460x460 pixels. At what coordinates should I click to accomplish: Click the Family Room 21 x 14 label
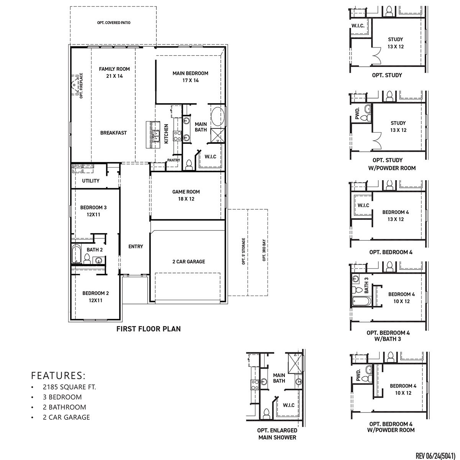coord(114,72)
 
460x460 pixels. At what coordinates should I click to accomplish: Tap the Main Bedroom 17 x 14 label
coord(190,77)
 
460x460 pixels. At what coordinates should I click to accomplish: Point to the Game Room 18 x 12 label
coord(186,195)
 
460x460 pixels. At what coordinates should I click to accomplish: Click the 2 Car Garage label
coord(188,261)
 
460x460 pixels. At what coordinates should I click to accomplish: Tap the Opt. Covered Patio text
coord(114,23)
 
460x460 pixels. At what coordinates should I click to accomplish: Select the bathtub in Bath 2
coord(76,253)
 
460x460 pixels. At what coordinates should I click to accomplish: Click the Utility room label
coord(91,181)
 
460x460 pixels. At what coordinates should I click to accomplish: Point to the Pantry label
coord(174,160)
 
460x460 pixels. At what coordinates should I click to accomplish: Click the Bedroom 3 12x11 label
coord(93,211)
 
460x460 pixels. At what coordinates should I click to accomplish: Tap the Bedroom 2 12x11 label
coord(95,297)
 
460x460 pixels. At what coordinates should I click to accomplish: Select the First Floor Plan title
coord(148,329)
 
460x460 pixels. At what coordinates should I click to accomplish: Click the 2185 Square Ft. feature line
coord(69,387)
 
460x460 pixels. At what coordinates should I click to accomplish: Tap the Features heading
coord(58,375)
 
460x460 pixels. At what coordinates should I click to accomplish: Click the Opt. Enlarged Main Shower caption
coord(277,434)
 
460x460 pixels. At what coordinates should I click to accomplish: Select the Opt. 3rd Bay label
coord(264,250)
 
